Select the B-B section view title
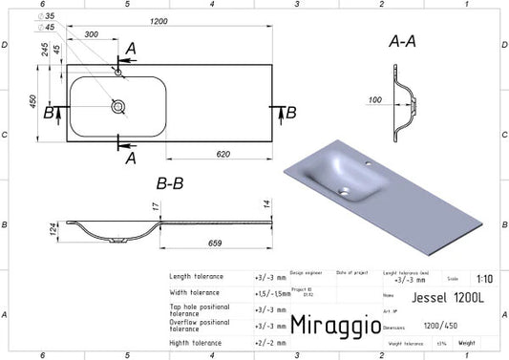click(x=168, y=184)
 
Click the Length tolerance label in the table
click(x=196, y=277)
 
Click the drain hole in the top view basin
click(x=117, y=107)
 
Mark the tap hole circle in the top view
click(x=117, y=73)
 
